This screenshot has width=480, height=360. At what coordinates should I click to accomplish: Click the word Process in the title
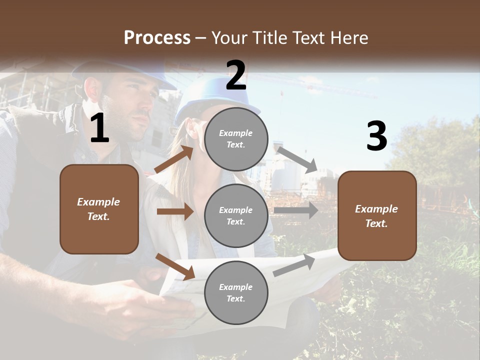157,38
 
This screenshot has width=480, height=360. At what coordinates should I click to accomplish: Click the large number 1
99,128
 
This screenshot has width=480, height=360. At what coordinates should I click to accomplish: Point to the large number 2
236,75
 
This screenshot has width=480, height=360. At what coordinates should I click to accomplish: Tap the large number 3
376,136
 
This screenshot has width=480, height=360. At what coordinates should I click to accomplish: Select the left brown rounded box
99,209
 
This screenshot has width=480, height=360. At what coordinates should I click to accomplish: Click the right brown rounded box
377,216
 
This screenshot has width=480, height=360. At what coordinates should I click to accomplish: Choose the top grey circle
236,139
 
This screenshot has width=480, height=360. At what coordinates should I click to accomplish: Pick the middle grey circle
236,215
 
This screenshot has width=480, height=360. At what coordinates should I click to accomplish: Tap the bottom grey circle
236,292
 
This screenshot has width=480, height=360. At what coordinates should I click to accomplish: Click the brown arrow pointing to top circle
174,159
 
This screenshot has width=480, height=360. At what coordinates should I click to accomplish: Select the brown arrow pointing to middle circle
175,211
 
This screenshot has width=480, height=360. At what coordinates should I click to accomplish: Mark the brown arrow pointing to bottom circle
175,266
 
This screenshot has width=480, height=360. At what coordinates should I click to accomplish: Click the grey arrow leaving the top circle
297,159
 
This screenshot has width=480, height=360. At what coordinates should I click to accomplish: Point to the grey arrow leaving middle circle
296,210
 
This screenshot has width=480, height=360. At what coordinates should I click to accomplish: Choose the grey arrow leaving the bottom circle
294,264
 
